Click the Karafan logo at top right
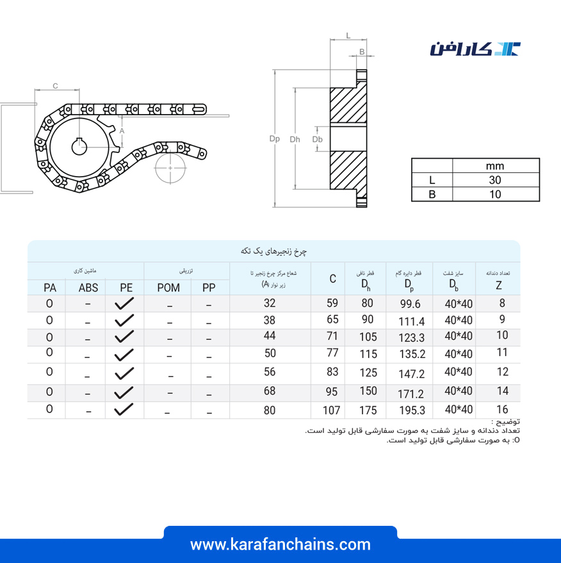click(475, 49)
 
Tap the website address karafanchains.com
click(280, 544)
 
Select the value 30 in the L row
click(495, 180)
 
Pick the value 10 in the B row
click(495, 194)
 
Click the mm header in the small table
click(495, 166)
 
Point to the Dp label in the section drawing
click(275, 138)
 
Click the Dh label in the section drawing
click(295, 140)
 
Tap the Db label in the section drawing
click(317, 140)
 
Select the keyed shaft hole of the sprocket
click(79, 147)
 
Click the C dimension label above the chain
click(55, 86)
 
